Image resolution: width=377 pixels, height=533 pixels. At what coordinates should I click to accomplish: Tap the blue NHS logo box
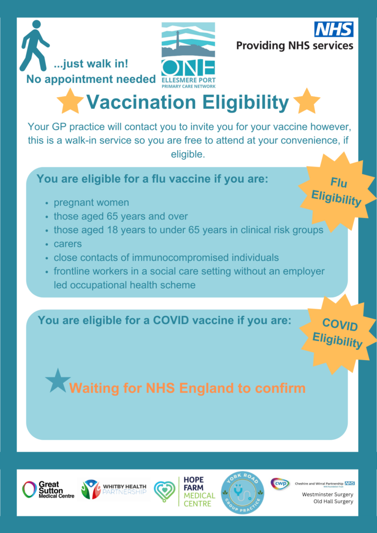click(334, 29)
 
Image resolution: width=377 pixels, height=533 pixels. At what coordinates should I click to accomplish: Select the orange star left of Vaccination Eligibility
click(70, 100)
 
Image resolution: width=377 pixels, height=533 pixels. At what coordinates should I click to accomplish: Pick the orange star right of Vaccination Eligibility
click(307, 100)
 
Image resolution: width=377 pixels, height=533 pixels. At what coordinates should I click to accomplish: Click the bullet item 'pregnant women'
click(92, 202)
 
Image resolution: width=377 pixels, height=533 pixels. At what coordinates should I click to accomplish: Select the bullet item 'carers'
click(68, 244)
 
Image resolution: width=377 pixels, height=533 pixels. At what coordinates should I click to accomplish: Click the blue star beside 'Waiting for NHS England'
click(58, 381)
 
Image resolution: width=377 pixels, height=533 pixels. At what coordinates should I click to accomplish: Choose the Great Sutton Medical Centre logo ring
click(29, 489)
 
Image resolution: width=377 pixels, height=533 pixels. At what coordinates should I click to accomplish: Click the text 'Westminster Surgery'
click(328, 494)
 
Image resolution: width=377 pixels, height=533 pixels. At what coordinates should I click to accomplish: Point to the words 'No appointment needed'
click(91, 80)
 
